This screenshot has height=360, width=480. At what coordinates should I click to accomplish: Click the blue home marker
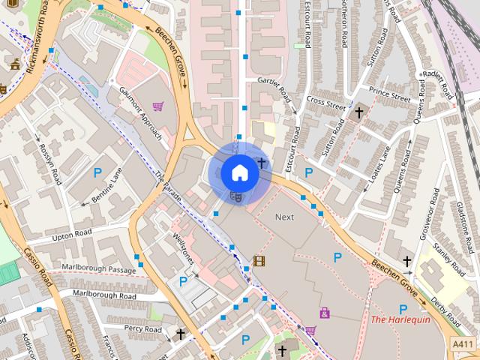238,173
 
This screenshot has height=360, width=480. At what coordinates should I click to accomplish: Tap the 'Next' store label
284,217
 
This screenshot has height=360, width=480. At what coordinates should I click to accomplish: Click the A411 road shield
463,343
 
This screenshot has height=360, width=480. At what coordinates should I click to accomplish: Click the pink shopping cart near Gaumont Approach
157,107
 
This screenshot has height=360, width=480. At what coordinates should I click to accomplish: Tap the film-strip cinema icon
259,261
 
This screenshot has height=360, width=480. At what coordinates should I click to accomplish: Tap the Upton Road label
71,235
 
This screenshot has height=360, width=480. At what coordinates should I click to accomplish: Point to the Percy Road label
142,328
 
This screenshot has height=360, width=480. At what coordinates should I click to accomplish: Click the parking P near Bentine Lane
97,173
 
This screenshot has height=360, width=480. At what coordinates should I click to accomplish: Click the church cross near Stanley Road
407,262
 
